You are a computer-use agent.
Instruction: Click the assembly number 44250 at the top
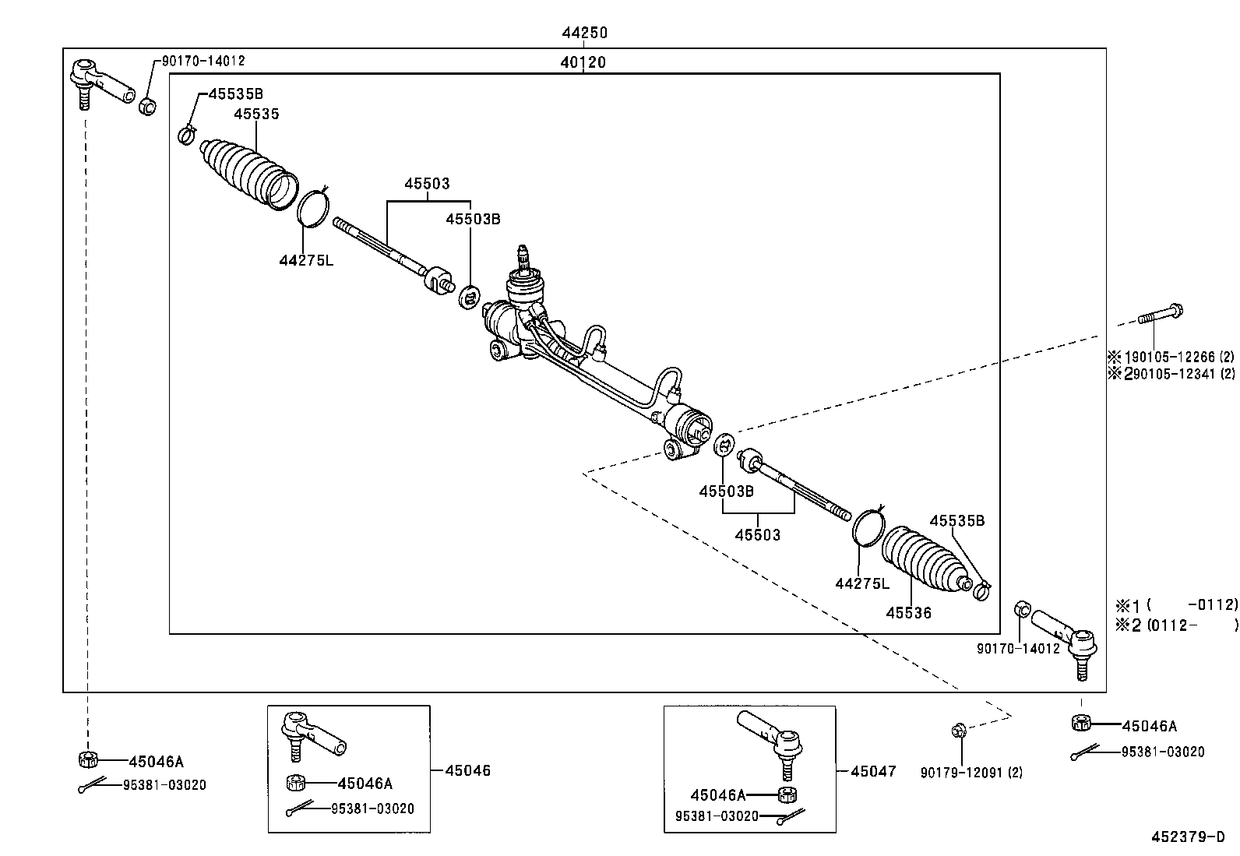click(584, 33)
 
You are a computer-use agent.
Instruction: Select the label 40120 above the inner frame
click(583, 62)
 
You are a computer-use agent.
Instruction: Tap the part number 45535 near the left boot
click(256, 114)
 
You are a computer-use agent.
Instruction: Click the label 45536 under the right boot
click(908, 612)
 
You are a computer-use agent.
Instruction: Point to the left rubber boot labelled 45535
click(248, 174)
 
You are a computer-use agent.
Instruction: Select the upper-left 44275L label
click(306, 260)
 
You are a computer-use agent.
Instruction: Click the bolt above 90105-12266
click(1161, 315)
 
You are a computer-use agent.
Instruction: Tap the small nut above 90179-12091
click(959, 731)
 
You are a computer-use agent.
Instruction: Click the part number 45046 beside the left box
click(468, 770)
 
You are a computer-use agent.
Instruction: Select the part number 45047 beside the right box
click(873, 771)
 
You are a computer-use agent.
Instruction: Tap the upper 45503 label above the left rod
click(426, 184)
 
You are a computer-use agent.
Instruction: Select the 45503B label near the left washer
click(472, 219)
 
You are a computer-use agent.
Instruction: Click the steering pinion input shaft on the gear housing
click(524, 258)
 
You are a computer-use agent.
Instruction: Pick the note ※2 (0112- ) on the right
click(1175, 624)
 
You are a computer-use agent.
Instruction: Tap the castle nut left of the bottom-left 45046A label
click(87, 759)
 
